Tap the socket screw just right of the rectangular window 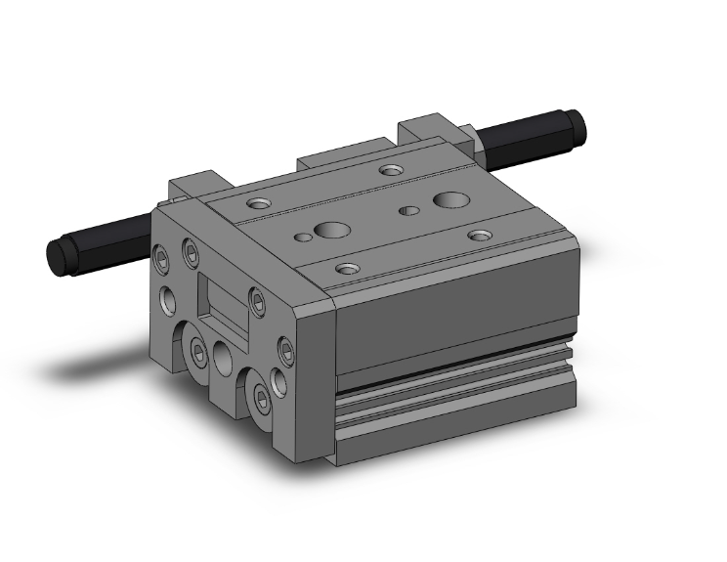(x=257, y=304)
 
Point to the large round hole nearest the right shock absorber (x=450, y=201)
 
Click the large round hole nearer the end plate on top (x=331, y=232)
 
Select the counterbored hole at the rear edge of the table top (x=391, y=171)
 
